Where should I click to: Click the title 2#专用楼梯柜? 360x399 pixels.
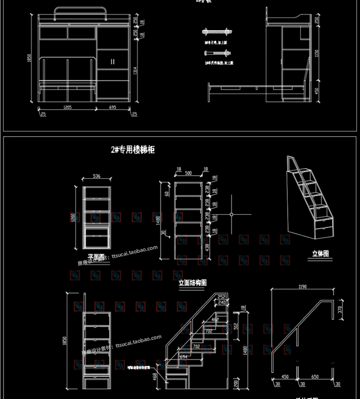pyautogui.click(x=132, y=149)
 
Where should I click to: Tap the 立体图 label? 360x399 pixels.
pyautogui.click(x=320, y=254)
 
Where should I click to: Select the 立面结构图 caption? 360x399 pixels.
pyautogui.click(x=192, y=283)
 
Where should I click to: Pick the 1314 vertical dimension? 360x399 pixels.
pyautogui.click(x=135, y=71)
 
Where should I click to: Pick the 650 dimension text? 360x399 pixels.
pyautogui.click(x=315, y=377)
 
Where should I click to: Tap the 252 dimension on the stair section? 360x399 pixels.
pyautogui.click(x=221, y=297)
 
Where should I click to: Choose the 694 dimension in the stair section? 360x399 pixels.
pyautogui.click(x=183, y=356)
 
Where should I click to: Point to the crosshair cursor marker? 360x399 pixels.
pyautogui.click(x=231, y=214)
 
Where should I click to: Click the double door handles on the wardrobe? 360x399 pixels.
pyautogui.click(x=112, y=62)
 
